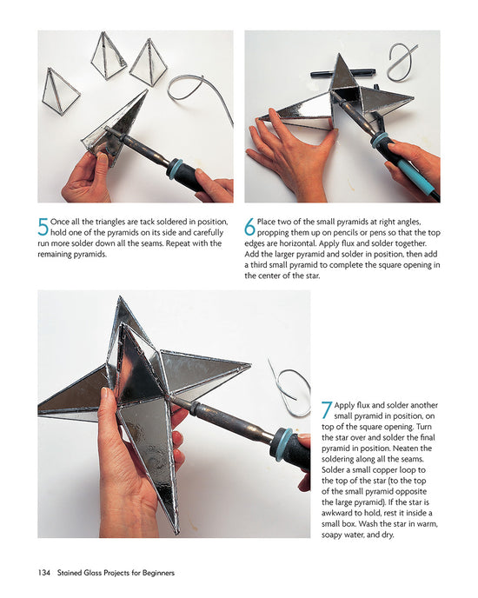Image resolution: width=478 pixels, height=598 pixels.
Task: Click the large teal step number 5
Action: [x=43, y=228]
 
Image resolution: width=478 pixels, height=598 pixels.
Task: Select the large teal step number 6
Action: [x=250, y=228]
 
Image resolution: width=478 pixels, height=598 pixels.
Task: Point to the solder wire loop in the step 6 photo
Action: [x=402, y=63]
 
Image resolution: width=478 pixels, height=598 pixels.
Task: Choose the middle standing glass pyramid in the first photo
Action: [x=109, y=56]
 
